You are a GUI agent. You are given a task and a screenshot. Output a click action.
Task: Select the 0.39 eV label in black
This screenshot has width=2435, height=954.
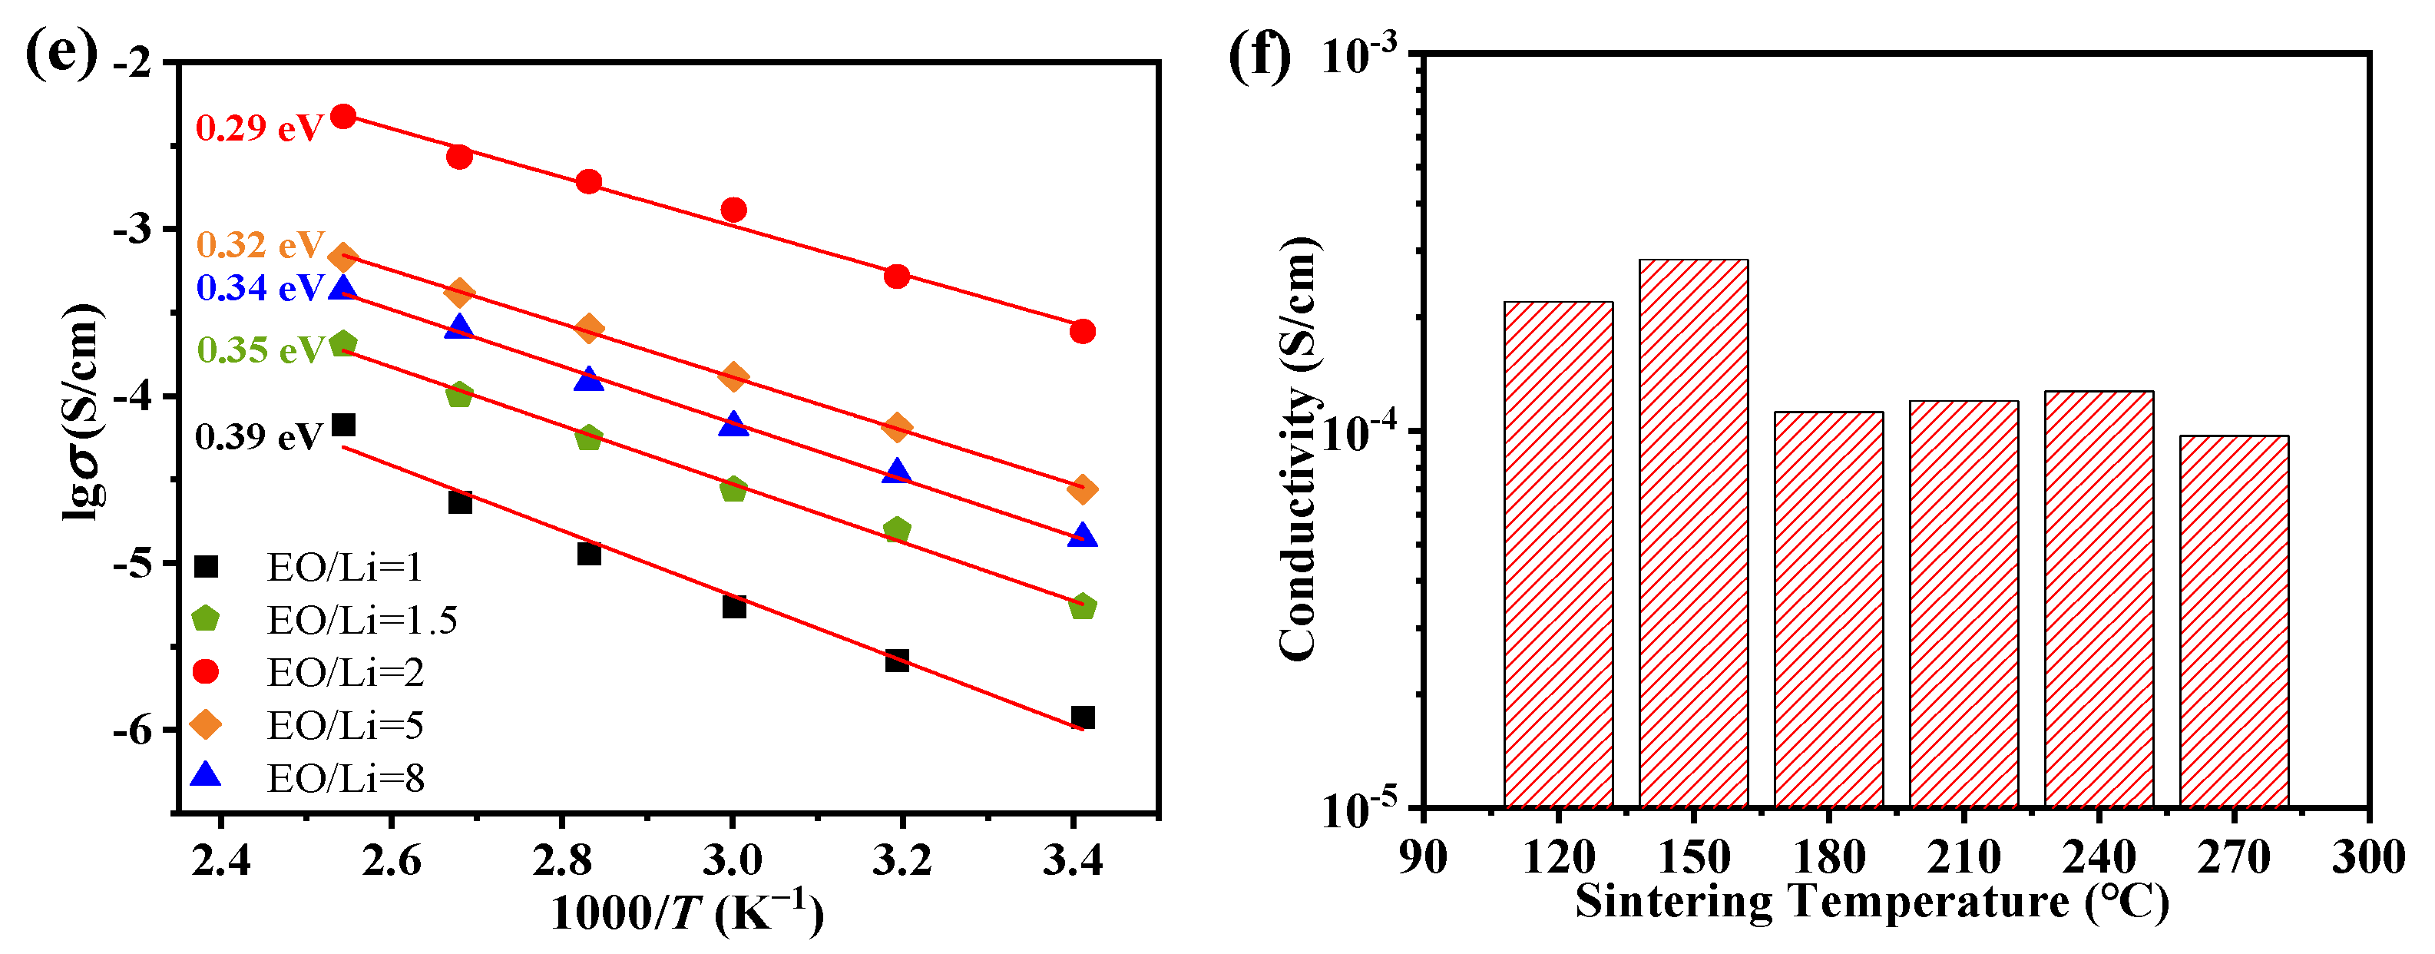pyautogui.click(x=259, y=437)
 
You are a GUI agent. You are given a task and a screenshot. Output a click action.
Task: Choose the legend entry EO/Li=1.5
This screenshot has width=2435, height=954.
pyautogui.click(x=362, y=620)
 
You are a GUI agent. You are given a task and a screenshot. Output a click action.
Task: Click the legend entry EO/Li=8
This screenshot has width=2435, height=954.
pyautogui.click(x=345, y=778)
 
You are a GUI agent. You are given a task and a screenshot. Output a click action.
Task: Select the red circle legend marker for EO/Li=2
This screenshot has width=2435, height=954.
pyautogui.click(x=205, y=671)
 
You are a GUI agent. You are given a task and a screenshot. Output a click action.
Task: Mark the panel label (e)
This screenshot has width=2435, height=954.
pyautogui.click(x=61, y=53)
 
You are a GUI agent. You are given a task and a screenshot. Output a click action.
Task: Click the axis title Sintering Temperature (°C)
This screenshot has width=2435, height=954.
pyautogui.click(x=1871, y=901)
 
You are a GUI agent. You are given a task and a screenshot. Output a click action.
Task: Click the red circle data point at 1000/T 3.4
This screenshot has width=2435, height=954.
pyautogui.click(x=1082, y=332)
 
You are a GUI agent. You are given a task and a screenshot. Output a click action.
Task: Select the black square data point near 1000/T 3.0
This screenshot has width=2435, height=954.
pyautogui.click(x=733, y=606)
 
